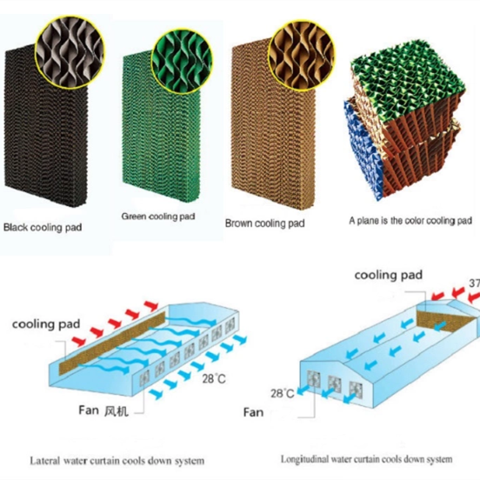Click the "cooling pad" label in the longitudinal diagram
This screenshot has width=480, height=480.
coord(389,275)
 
